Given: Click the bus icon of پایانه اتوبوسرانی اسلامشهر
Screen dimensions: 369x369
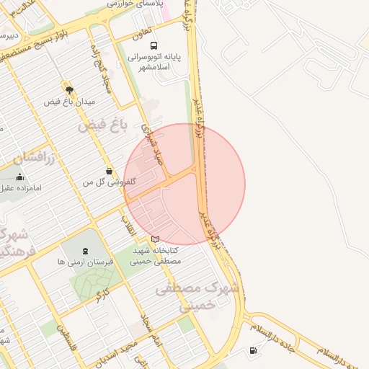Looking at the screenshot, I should click(155, 45).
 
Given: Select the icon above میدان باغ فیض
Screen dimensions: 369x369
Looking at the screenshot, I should click(69, 90).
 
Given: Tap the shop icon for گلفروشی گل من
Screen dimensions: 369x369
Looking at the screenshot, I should click(108, 172).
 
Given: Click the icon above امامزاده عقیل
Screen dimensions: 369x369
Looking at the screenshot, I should click(19, 177).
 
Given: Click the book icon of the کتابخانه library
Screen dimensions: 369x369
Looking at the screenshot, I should click(156, 239).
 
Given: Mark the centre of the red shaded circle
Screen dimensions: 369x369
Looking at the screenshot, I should click(184, 184).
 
